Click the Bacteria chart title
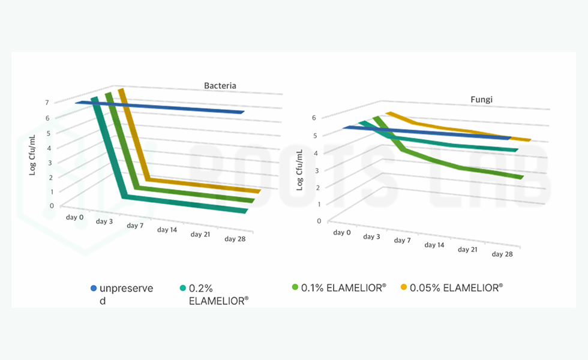[x=220, y=86]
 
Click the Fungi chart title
[x=481, y=100]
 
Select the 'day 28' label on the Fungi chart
[x=502, y=254]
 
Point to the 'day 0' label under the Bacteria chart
[x=75, y=217]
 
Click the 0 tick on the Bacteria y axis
[x=52, y=206]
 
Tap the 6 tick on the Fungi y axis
[x=313, y=118]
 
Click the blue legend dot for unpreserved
[x=93, y=289]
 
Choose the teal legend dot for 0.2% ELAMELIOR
[x=182, y=289]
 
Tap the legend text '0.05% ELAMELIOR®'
[x=457, y=287]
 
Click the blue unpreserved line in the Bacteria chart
[x=162, y=107]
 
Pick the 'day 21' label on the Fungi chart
[x=468, y=249]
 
